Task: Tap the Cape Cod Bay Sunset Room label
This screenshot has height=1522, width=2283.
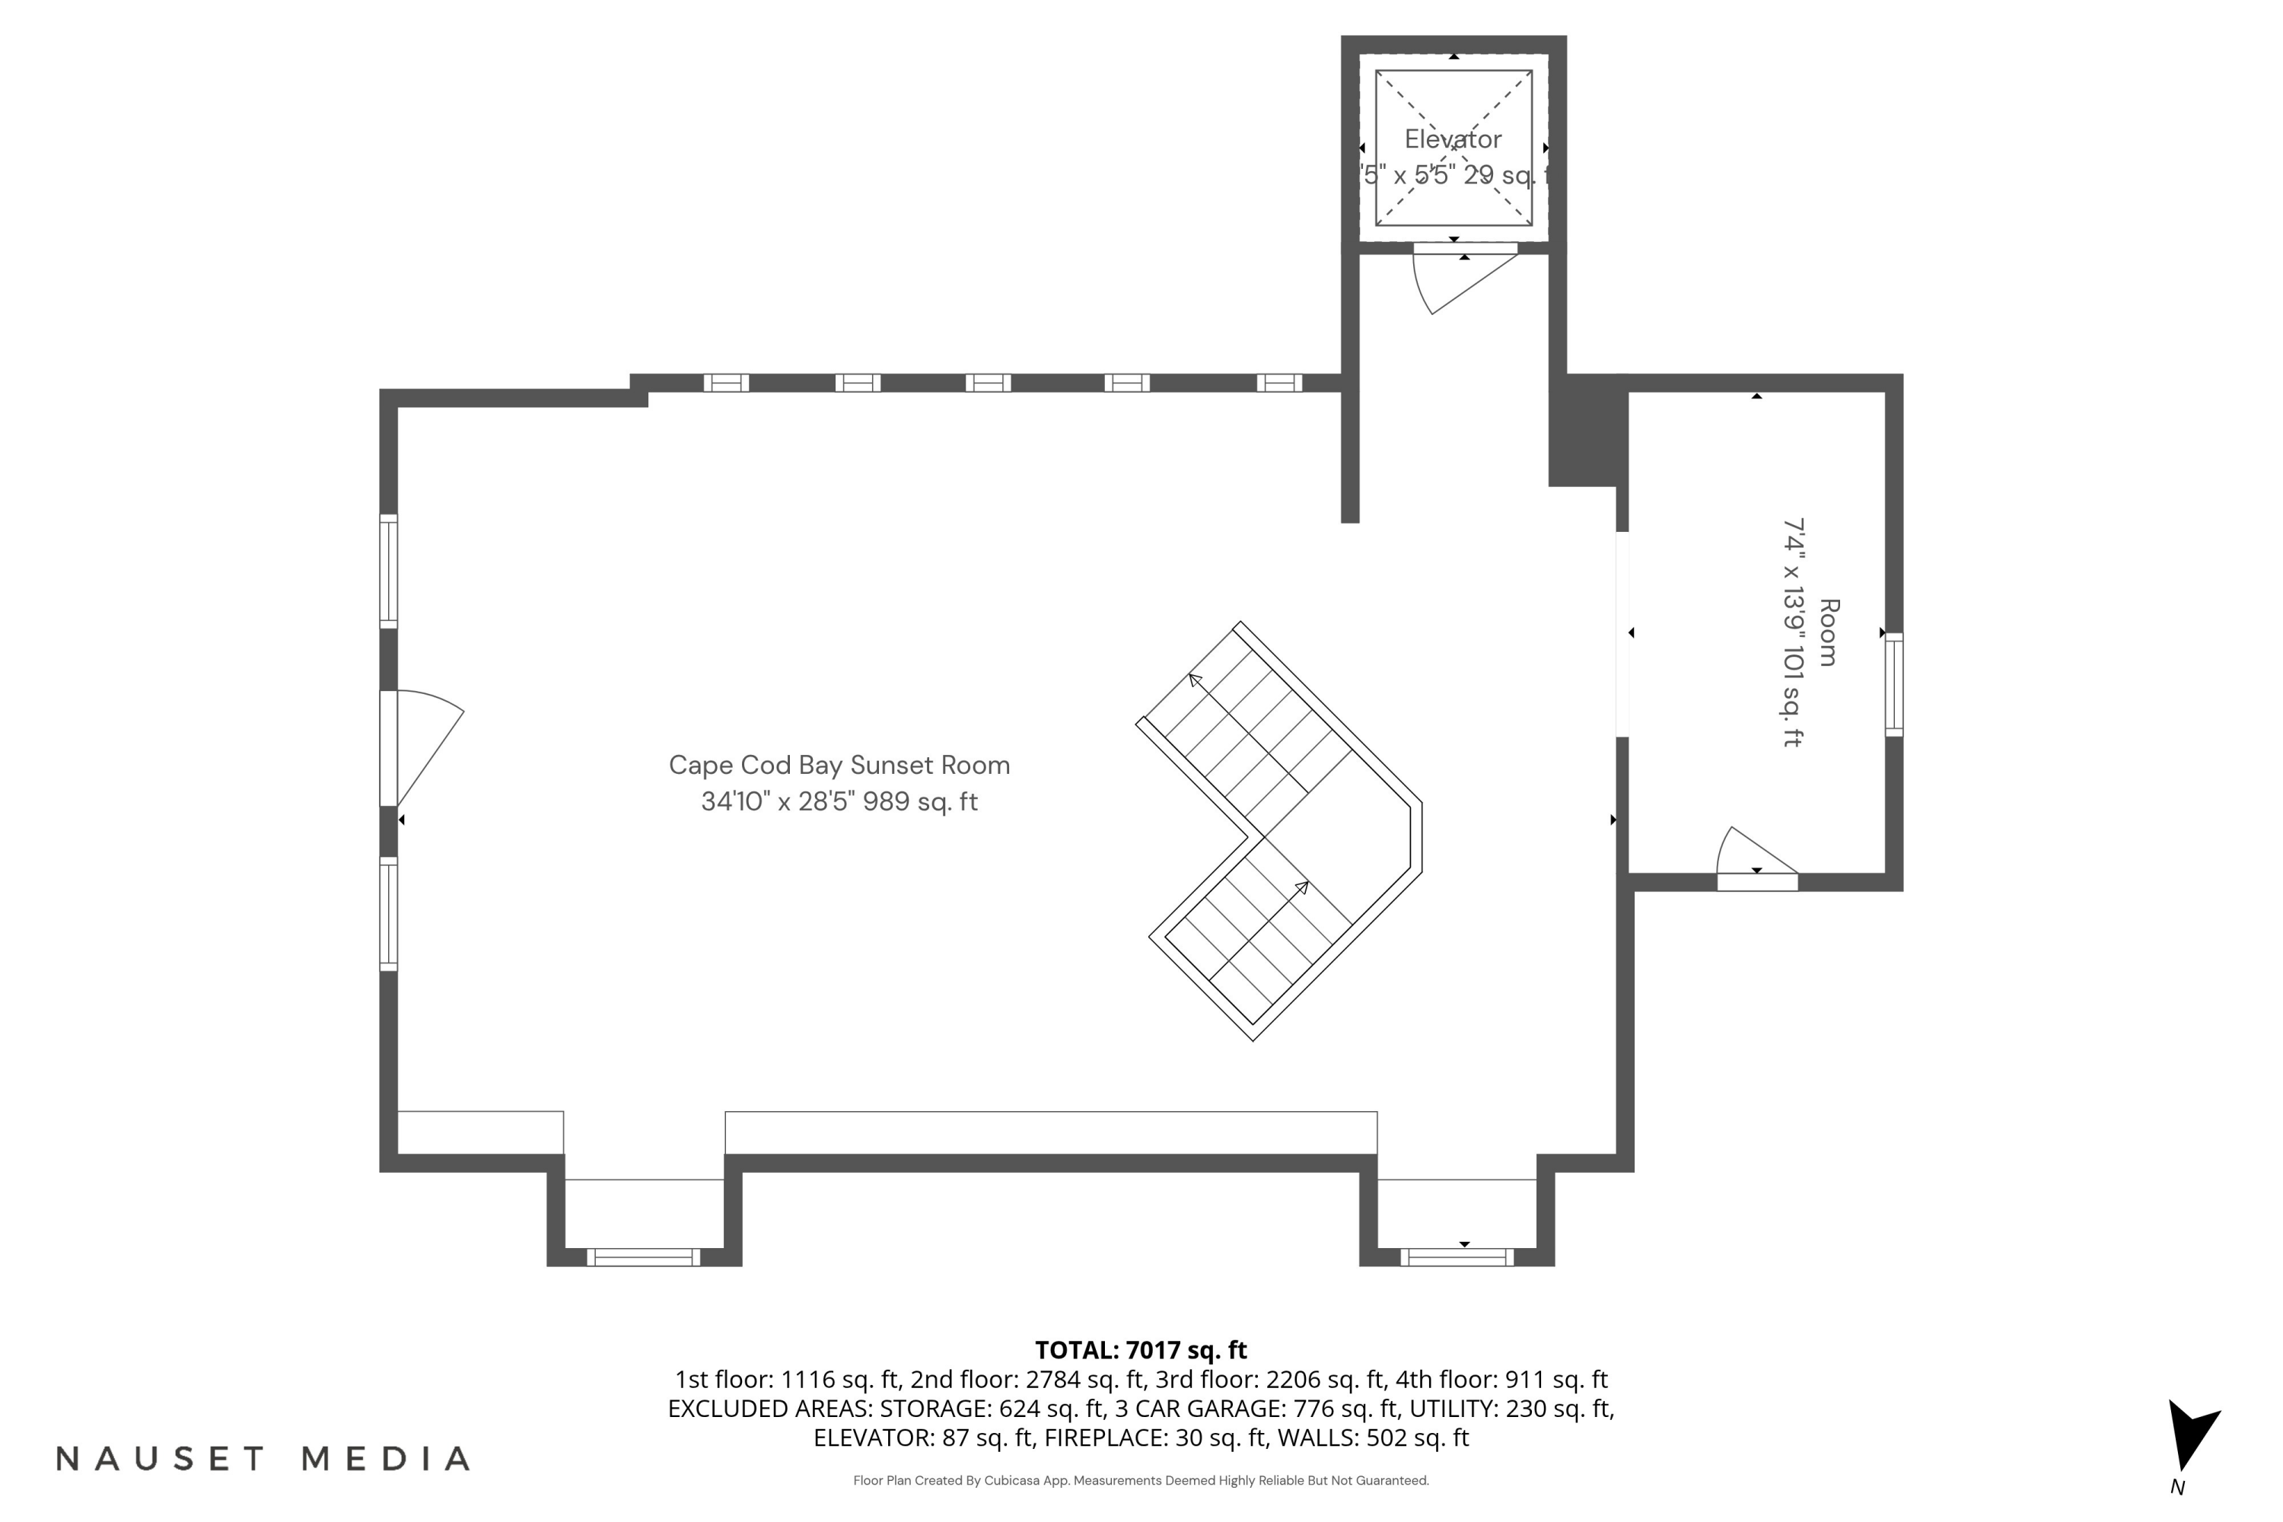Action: [839, 765]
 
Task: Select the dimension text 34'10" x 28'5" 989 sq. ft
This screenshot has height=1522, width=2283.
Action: [839, 802]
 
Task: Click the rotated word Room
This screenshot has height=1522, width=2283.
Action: [1828, 633]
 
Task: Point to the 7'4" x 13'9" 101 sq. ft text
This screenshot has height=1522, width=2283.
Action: [1792, 633]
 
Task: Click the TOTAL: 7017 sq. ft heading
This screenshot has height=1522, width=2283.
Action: [1141, 1350]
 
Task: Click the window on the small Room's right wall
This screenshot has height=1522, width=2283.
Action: [1894, 684]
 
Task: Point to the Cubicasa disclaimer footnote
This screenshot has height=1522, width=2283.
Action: [1141, 1480]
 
